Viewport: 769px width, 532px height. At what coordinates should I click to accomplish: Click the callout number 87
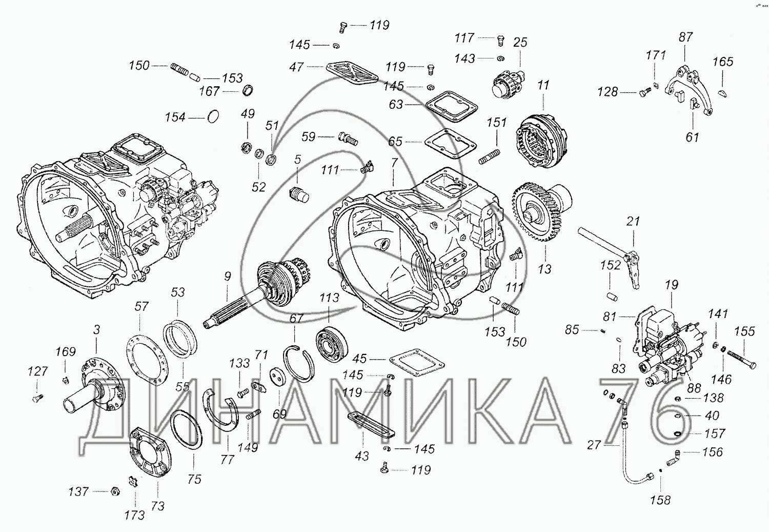click(685, 37)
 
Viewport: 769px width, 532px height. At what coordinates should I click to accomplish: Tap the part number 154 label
click(175, 117)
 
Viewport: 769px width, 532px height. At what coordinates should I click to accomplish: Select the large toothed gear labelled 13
click(536, 215)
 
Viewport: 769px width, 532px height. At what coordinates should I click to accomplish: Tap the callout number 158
click(660, 500)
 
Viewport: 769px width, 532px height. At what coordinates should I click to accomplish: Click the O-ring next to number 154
click(214, 117)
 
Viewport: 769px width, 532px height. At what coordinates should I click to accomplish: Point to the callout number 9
click(228, 277)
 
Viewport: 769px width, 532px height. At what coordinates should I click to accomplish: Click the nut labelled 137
click(115, 491)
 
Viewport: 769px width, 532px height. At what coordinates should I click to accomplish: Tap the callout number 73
click(157, 506)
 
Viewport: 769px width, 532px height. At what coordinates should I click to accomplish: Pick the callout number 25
click(520, 43)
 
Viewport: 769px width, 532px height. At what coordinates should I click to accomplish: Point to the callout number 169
click(66, 352)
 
